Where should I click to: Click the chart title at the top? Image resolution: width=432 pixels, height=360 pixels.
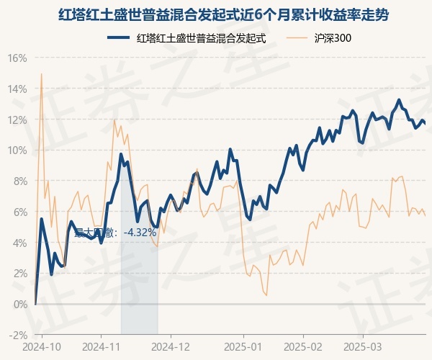(x=216, y=14)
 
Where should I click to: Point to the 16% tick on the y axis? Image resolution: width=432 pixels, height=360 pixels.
(x=17, y=58)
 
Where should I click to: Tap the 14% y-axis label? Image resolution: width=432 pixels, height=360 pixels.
(x=17, y=89)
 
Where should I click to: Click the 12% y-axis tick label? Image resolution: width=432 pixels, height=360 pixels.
(x=17, y=120)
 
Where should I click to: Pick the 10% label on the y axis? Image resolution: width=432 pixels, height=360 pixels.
(x=17, y=150)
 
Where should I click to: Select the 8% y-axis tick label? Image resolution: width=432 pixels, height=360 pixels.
(x=19, y=181)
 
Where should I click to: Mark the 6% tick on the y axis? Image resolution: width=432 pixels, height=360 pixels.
(x=19, y=212)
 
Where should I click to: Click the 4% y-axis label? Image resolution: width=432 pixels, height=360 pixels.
(x=19, y=243)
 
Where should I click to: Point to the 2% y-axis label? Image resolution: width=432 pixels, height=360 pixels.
(x=19, y=274)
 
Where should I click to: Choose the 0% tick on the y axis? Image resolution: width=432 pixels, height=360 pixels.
(x=19, y=304)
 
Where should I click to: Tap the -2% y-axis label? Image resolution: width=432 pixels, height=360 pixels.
(x=18, y=335)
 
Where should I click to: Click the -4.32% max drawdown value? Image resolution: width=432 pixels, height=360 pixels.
(x=140, y=233)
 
